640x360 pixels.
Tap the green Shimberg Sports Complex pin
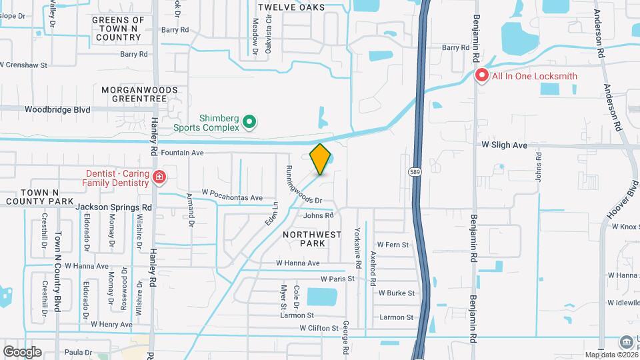pyautogui.click(x=249, y=121)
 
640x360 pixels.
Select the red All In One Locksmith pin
pyautogui.click(x=481, y=75)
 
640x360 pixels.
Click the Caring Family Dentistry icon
pyautogui.click(x=159, y=177)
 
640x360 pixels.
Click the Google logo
pyautogui.click(x=22, y=351)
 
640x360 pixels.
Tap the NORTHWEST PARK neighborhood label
pyautogui.click(x=312, y=239)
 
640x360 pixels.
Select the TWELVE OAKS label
pyautogui.click(x=291, y=7)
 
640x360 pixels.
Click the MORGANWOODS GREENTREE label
pyautogui.click(x=139, y=93)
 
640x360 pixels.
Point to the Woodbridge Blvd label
pyautogui.click(x=57, y=109)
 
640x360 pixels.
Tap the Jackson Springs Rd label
pyautogui.click(x=113, y=207)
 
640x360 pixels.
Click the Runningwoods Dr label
pyautogui.click(x=303, y=185)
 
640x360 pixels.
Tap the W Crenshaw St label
pyautogui.click(x=25, y=65)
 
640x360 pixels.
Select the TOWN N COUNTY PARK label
pyautogui.click(x=38, y=196)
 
